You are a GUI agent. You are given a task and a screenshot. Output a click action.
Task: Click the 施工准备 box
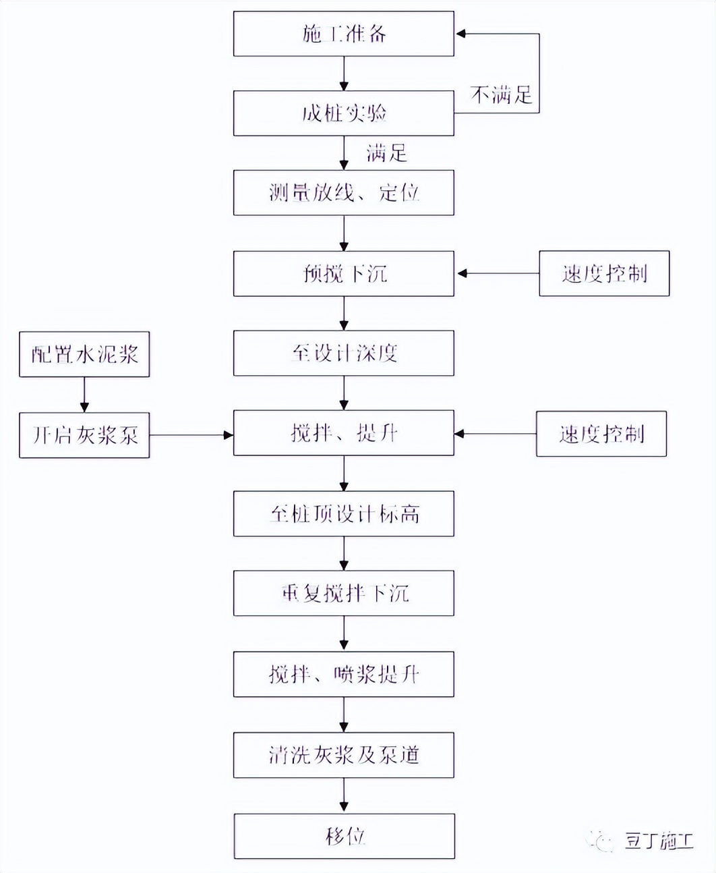[x=343, y=34]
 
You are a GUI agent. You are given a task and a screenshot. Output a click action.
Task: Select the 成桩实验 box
[x=343, y=113]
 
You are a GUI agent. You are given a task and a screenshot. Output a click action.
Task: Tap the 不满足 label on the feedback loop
[x=501, y=95]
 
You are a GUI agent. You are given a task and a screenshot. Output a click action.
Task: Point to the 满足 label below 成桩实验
[x=386, y=153]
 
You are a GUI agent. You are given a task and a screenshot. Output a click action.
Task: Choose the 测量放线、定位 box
[x=343, y=193]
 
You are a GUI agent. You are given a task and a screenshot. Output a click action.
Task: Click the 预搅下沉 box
[x=343, y=273]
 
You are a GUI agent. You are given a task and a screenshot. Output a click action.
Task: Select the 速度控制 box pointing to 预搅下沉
[x=604, y=273]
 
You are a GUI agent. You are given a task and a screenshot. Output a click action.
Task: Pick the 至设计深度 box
[x=343, y=353]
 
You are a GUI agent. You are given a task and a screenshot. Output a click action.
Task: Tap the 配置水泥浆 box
[x=84, y=354]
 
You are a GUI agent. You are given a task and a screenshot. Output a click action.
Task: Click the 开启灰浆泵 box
[x=84, y=435]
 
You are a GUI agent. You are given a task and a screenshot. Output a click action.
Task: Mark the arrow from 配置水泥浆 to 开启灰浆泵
[x=84, y=395]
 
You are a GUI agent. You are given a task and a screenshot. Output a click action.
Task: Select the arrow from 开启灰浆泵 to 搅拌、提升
[x=191, y=435]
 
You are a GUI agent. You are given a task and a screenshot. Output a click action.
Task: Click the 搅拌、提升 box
[x=343, y=433]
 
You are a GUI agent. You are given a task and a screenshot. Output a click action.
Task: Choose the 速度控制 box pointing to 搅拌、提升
[x=601, y=434]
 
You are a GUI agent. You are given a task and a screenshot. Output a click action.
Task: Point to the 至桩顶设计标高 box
[x=343, y=514]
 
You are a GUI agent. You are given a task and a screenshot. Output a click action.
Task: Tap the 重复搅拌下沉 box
[x=343, y=594]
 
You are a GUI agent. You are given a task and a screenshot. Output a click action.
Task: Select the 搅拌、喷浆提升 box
[x=343, y=674]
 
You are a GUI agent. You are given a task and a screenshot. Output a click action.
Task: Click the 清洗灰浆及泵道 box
[x=343, y=755]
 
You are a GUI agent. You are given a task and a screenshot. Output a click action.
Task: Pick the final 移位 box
[x=344, y=837]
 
